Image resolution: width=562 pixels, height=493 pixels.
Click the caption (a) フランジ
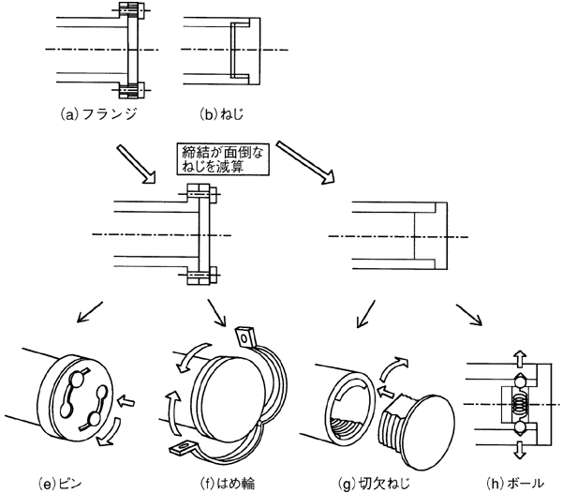point(97,114)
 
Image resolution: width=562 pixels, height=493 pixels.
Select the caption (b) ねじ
point(221,114)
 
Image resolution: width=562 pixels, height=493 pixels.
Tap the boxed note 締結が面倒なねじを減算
point(223,159)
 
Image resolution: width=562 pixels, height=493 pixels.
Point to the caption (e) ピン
point(60,484)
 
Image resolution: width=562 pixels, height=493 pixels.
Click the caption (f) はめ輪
point(228,484)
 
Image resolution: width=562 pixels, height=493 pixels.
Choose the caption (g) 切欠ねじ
point(374,484)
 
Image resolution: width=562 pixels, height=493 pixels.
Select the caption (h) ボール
point(515,484)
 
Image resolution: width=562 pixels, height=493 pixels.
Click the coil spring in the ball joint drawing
point(520,404)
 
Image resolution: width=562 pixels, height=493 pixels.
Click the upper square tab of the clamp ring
point(244,336)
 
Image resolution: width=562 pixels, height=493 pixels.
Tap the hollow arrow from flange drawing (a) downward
point(136,164)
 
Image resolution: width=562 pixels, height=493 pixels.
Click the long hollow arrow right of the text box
point(305,163)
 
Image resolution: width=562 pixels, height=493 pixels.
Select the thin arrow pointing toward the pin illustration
point(90,312)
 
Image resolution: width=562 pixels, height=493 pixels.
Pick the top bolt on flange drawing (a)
point(131,10)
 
